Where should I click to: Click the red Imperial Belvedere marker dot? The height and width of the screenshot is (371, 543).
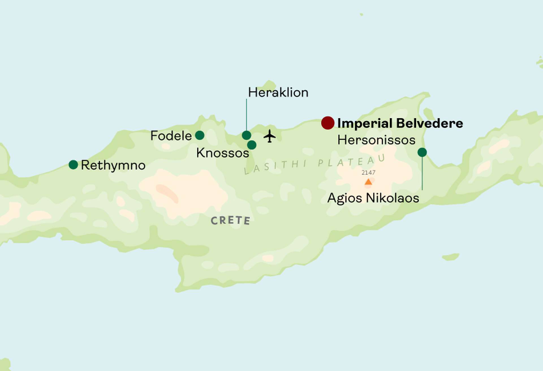328,123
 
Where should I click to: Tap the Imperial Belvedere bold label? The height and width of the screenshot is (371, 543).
400,123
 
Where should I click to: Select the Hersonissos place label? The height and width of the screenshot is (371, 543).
376,140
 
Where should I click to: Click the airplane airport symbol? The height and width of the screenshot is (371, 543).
270,136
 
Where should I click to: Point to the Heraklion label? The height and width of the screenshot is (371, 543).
278,93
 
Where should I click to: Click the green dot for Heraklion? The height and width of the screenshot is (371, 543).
246,135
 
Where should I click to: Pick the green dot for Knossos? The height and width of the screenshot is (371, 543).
252,145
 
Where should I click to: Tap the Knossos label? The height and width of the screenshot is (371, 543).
223,153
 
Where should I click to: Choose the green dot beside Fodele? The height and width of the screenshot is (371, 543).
200,135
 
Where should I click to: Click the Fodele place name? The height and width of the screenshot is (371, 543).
171,136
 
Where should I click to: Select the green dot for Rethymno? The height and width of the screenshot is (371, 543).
73,165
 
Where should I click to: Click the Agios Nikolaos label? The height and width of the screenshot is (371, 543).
373,198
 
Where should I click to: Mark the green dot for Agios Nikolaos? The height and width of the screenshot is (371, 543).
422,152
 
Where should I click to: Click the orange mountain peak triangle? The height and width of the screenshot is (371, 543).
368,182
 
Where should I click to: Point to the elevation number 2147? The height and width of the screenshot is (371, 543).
368,173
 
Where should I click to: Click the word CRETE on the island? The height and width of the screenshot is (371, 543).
230,221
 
